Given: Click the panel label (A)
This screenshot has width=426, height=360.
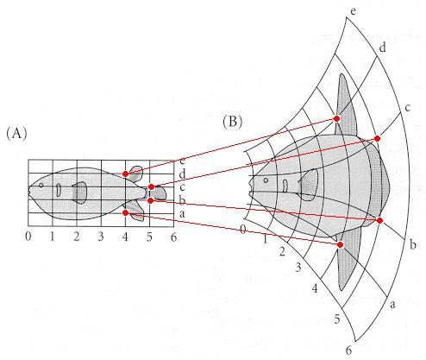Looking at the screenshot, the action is [x=16, y=134].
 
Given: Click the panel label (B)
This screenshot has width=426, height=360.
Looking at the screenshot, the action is [x=233, y=122].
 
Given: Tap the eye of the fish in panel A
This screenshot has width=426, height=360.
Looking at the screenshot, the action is [x=41, y=185].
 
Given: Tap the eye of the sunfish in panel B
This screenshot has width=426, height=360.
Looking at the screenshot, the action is [x=266, y=180].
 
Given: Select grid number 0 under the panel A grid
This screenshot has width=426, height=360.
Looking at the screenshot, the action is [x=28, y=237].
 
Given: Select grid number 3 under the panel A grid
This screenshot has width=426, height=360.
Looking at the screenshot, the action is [x=101, y=237].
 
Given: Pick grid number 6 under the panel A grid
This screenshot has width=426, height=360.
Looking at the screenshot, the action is [x=173, y=237].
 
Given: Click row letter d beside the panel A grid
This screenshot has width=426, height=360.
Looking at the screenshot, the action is [x=182, y=174].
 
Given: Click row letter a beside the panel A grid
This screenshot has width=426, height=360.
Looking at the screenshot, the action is [x=182, y=214].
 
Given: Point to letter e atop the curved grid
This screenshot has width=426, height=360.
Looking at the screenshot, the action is [x=354, y=11].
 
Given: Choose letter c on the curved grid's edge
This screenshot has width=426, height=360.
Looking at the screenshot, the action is [x=407, y=108].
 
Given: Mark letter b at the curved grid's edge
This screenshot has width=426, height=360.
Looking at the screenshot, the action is [x=413, y=244].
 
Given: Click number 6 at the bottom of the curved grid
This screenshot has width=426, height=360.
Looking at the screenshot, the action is [x=348, y=351].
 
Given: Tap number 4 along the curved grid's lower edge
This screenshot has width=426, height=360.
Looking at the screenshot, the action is [x=315, y=288].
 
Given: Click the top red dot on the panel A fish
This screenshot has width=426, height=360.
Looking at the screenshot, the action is [x=125, y=174].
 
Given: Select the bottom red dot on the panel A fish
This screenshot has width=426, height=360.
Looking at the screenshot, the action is [x=125, y=213].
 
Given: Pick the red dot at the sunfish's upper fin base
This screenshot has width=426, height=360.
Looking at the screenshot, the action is [x=337, y=118].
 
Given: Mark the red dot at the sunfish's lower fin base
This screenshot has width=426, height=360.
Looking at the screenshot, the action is [x=341, y=244].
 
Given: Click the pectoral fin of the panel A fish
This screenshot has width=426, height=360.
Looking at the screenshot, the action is [x=80, y=193].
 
